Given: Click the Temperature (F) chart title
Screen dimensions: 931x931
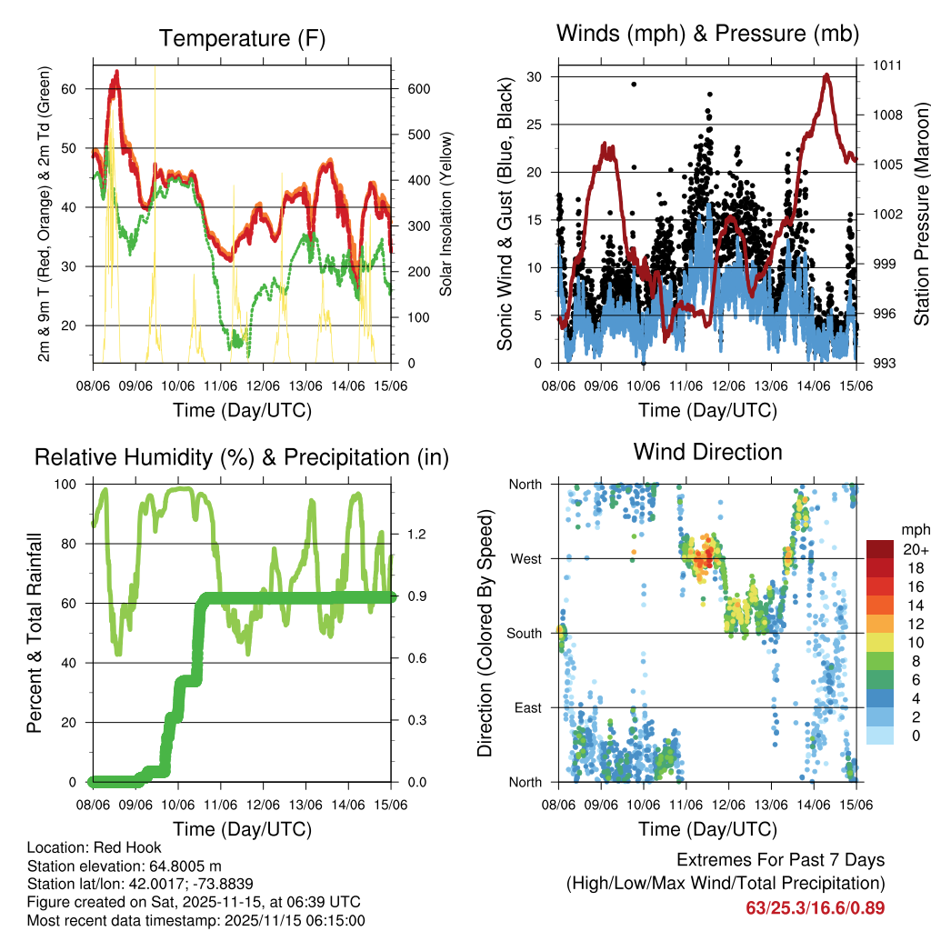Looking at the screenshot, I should point(242,38).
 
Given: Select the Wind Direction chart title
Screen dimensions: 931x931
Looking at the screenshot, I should point(707,452).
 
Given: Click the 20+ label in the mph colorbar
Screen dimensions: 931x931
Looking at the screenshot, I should point(914,549).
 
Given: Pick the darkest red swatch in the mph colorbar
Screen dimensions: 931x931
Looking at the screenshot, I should point(879,549).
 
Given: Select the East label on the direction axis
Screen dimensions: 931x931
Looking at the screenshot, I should point(526,707).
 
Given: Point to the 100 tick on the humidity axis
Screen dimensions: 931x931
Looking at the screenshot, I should point(67,485).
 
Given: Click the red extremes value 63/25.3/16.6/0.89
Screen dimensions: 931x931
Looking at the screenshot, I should point(816,907).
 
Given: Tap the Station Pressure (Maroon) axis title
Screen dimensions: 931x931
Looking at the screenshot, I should point(921,214).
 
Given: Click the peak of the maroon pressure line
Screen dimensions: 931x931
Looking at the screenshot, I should point(826,75).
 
